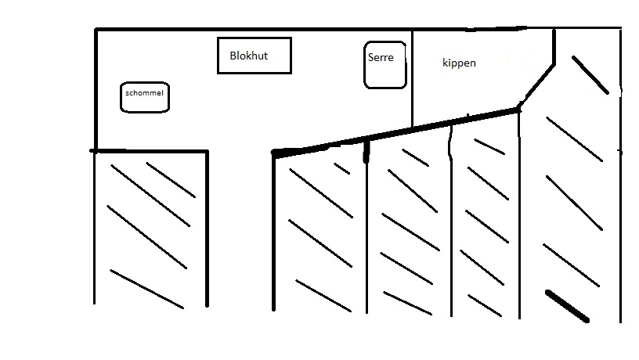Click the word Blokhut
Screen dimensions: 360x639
coord(249,56)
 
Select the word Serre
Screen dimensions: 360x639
coord(381,57)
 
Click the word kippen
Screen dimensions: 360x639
coord(459,63)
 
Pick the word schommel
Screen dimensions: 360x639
coord(144,93)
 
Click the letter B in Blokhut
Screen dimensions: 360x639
coord(233,56)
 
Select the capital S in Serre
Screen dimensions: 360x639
coord(371,57)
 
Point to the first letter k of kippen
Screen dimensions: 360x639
coord(445,63)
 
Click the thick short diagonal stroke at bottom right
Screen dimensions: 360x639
coord(567,306)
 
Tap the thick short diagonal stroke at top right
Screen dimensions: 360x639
coord(590,74)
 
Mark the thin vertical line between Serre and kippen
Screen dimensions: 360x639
coord(413,78)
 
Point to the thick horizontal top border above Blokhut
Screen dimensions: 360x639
coord(251,30)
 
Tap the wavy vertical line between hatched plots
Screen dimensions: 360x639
coord(451,227)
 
